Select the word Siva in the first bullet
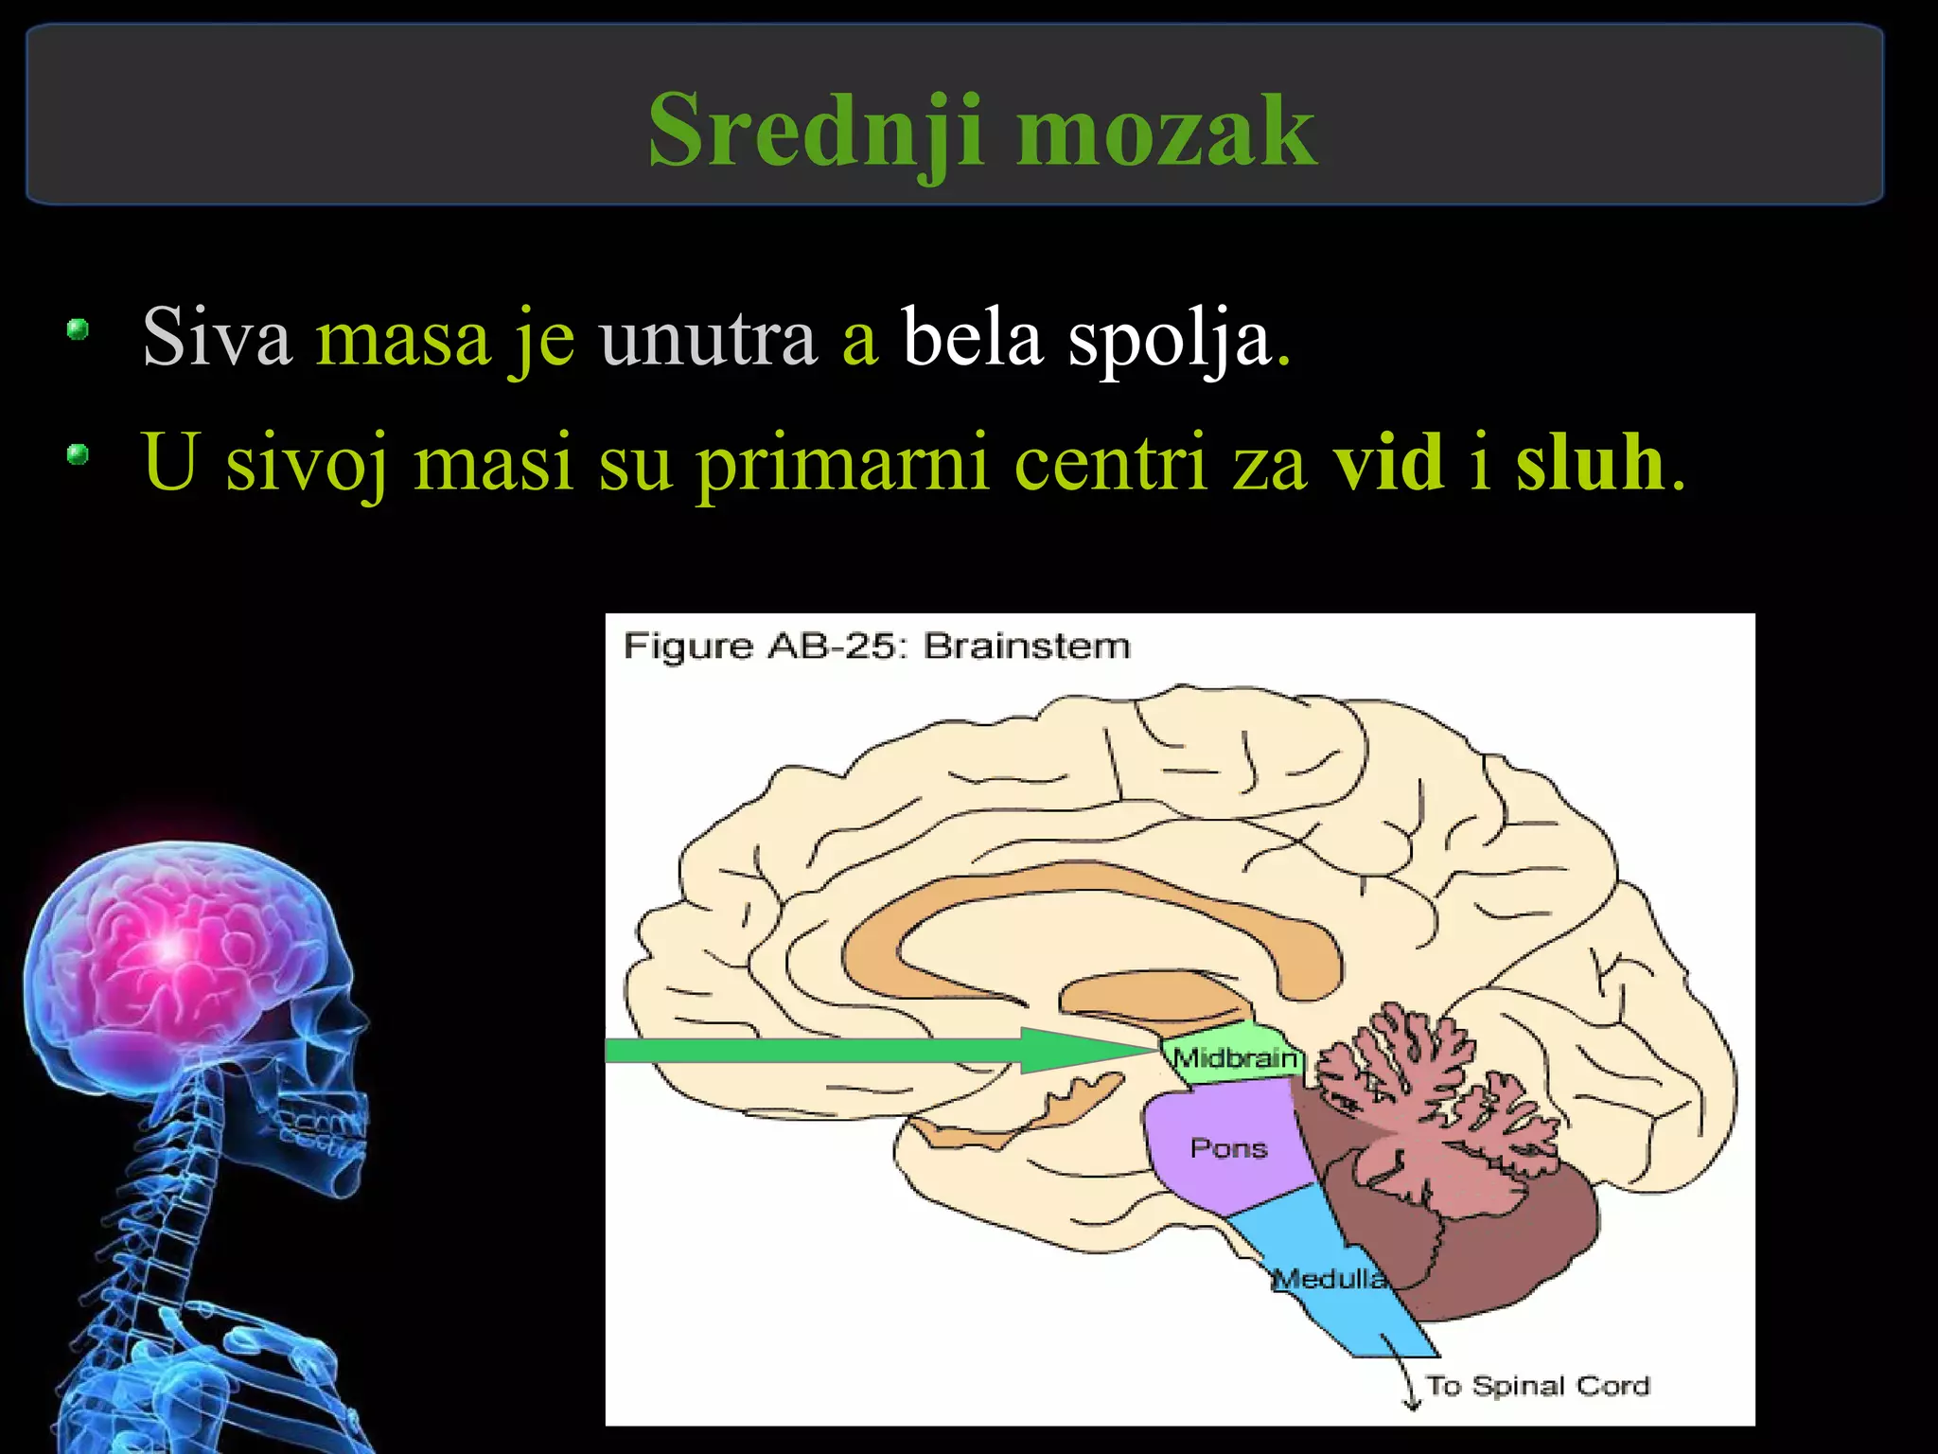pyautogui.click(x=217, y=337)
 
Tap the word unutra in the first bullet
pyautogui.click(x=708, y=337)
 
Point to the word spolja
pyautogui.click(x=1170, y=339)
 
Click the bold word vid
pyautogui.click(x=1388, y=462)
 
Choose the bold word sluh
pyautogui.click(x=1590, y=462)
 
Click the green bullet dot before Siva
pyautogui.click(x=78, y=330)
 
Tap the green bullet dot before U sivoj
pyautogui.click(x=78, y=455)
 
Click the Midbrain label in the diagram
pyautogui.click(x=1235, y=1057)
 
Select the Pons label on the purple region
pyautogui.click(x=1228, y=1148)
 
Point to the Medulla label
pyautogui.click(x=1330, y=1279)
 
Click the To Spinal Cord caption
pyautogui.click(x=1538, y=1386)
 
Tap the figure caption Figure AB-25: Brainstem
pyautogui.click(x=876, y=647)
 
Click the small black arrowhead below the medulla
pyautogui.click(x=1413, y=1405)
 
